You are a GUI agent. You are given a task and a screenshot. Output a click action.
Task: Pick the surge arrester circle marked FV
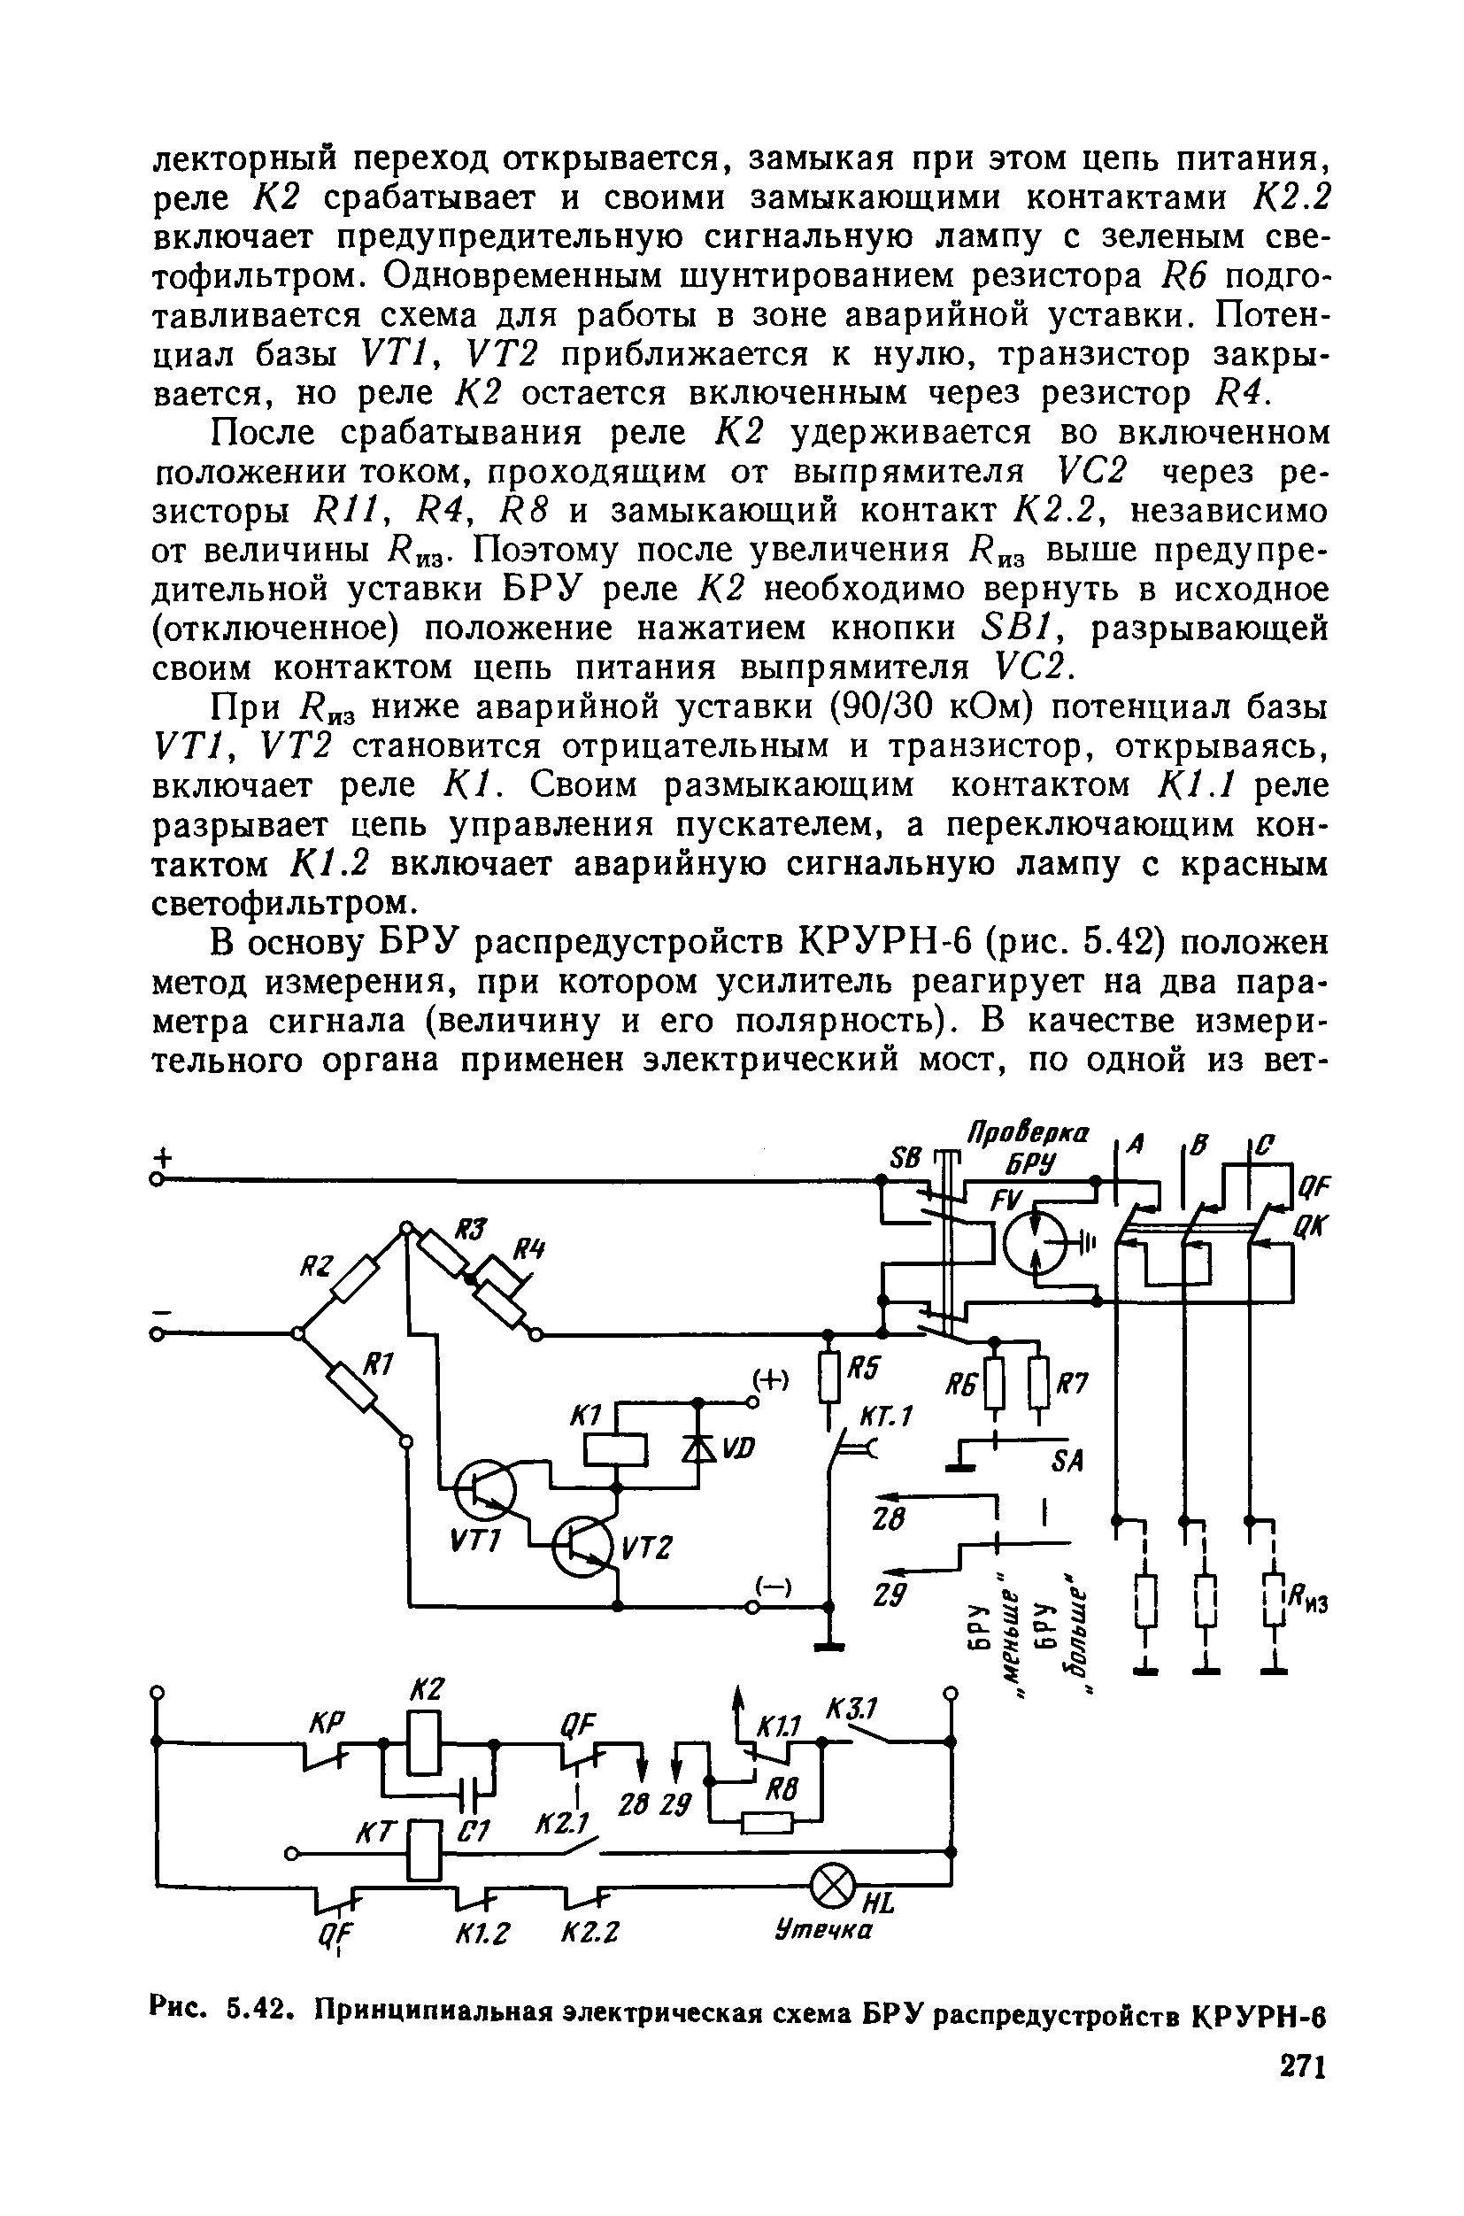pyautogui.click(x=1035, y=1241)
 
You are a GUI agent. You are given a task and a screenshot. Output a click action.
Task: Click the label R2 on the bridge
pyautogui.click(x=317, y=1267)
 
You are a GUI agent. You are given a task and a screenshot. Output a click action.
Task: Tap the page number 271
pyautogui.click(x=1300, y=2065)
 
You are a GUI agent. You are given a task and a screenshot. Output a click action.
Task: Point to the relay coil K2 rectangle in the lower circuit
pyautogui.click(x=424, y=1742)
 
